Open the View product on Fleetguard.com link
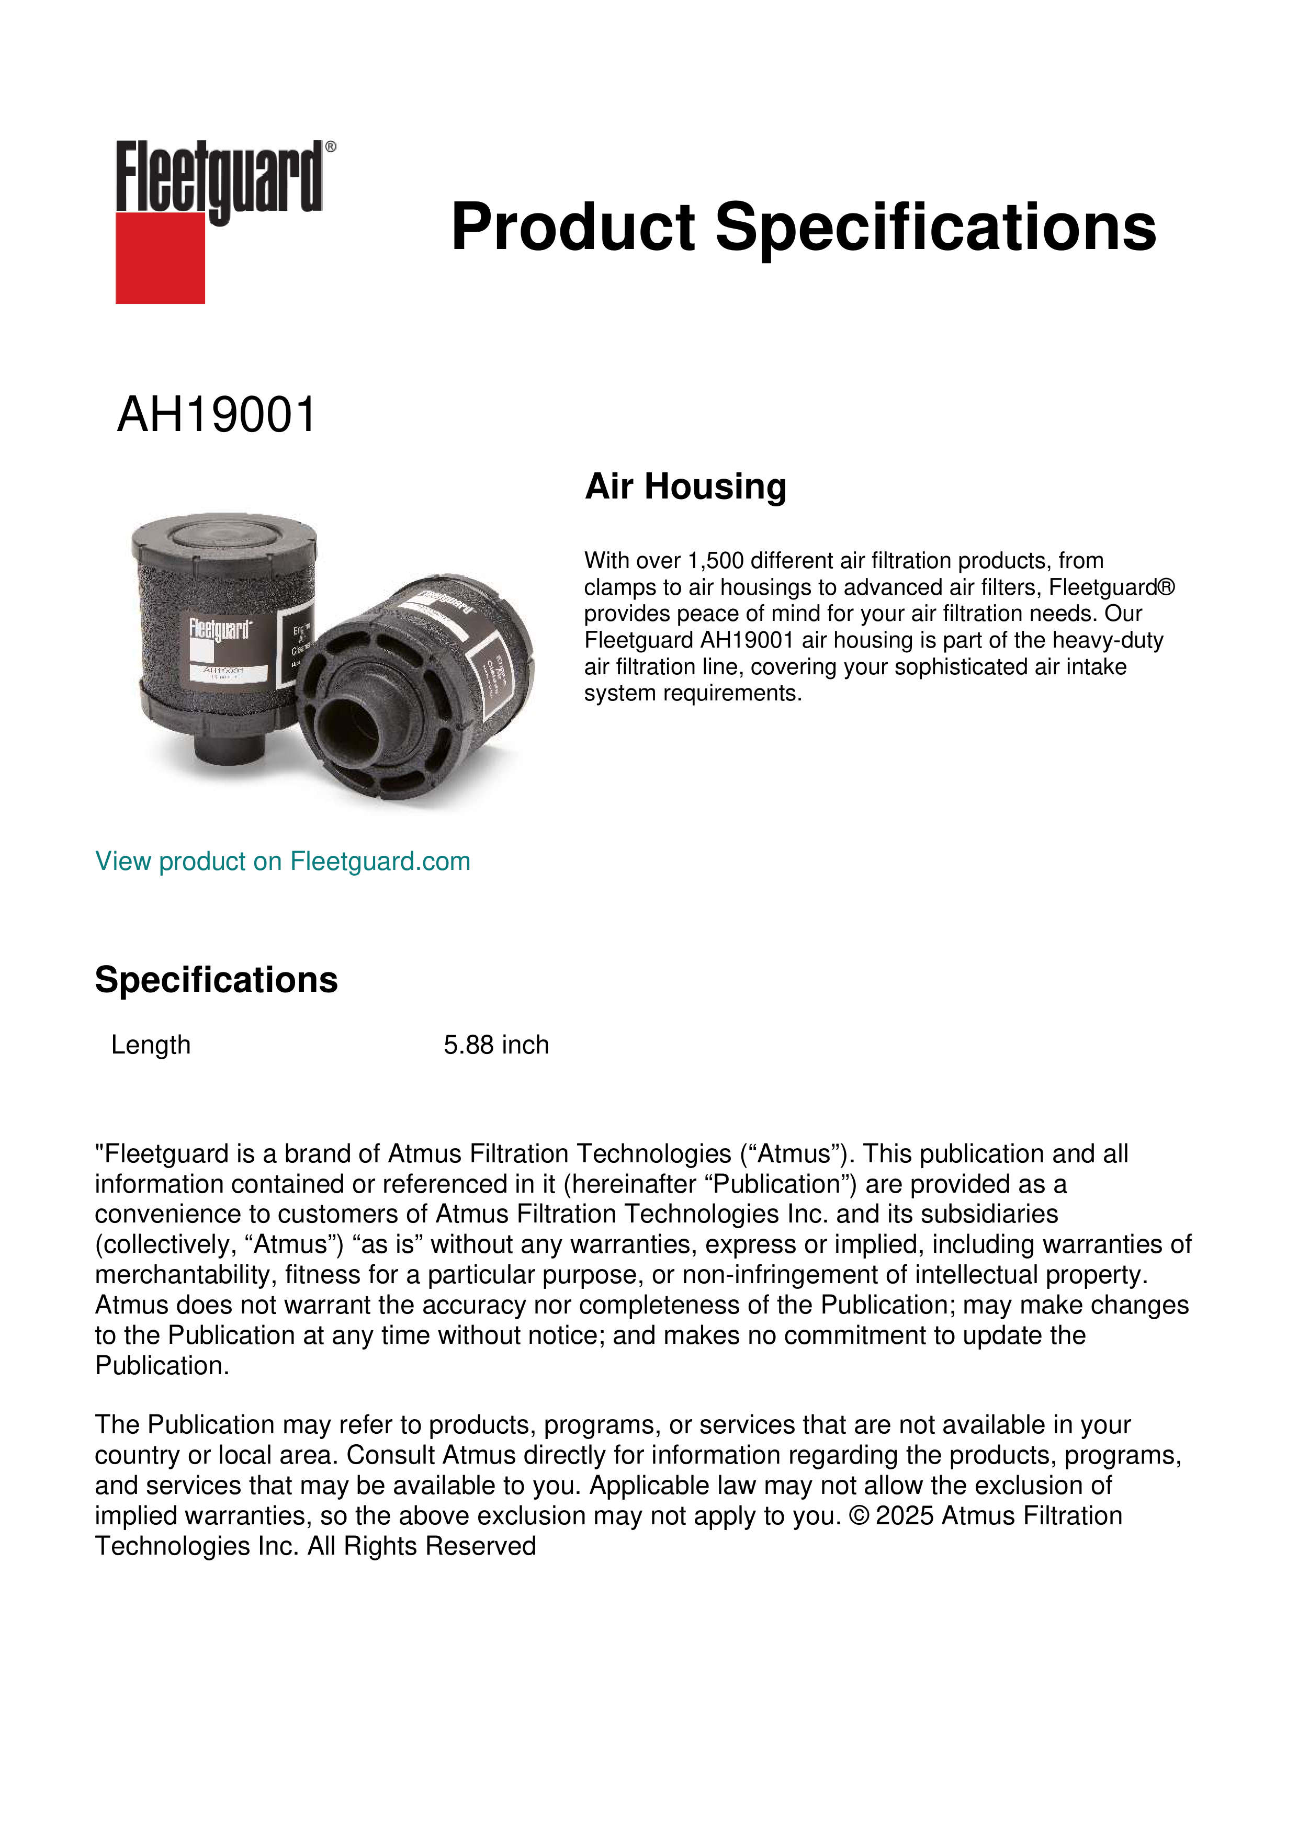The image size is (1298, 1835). (x=282, y=862)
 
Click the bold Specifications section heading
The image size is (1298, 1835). (x=216, y=980)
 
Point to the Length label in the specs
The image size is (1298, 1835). (x=150, y=1045)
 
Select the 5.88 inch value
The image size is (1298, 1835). (x=495, y=1045)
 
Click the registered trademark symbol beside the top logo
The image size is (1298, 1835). (x=331, y=147)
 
